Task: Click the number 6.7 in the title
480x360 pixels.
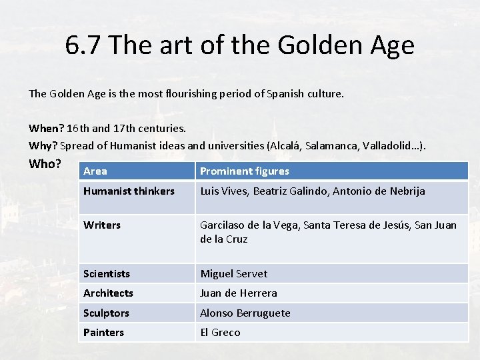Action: pos(83,46)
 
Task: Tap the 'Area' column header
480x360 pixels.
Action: pos(95,171)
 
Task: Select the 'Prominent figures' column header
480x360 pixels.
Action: pos(245,171)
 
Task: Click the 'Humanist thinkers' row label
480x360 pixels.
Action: pos(129,191)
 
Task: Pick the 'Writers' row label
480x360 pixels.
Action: pos(102,225)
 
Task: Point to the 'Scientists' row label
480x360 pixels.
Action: pos(107,274)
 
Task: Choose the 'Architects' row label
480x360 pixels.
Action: pos(108,293)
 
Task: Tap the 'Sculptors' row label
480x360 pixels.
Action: pos(106,313)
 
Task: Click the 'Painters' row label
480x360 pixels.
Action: pos(103,333)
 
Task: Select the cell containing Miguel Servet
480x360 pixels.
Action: pos(233,274)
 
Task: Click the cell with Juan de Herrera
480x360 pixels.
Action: pos(239,293)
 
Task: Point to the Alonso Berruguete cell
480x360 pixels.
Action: pos(245,313)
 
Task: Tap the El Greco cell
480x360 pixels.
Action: pos(220,333)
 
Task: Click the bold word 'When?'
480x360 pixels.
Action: pos(46,127)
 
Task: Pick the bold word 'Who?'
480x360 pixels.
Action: pos(45,164)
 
